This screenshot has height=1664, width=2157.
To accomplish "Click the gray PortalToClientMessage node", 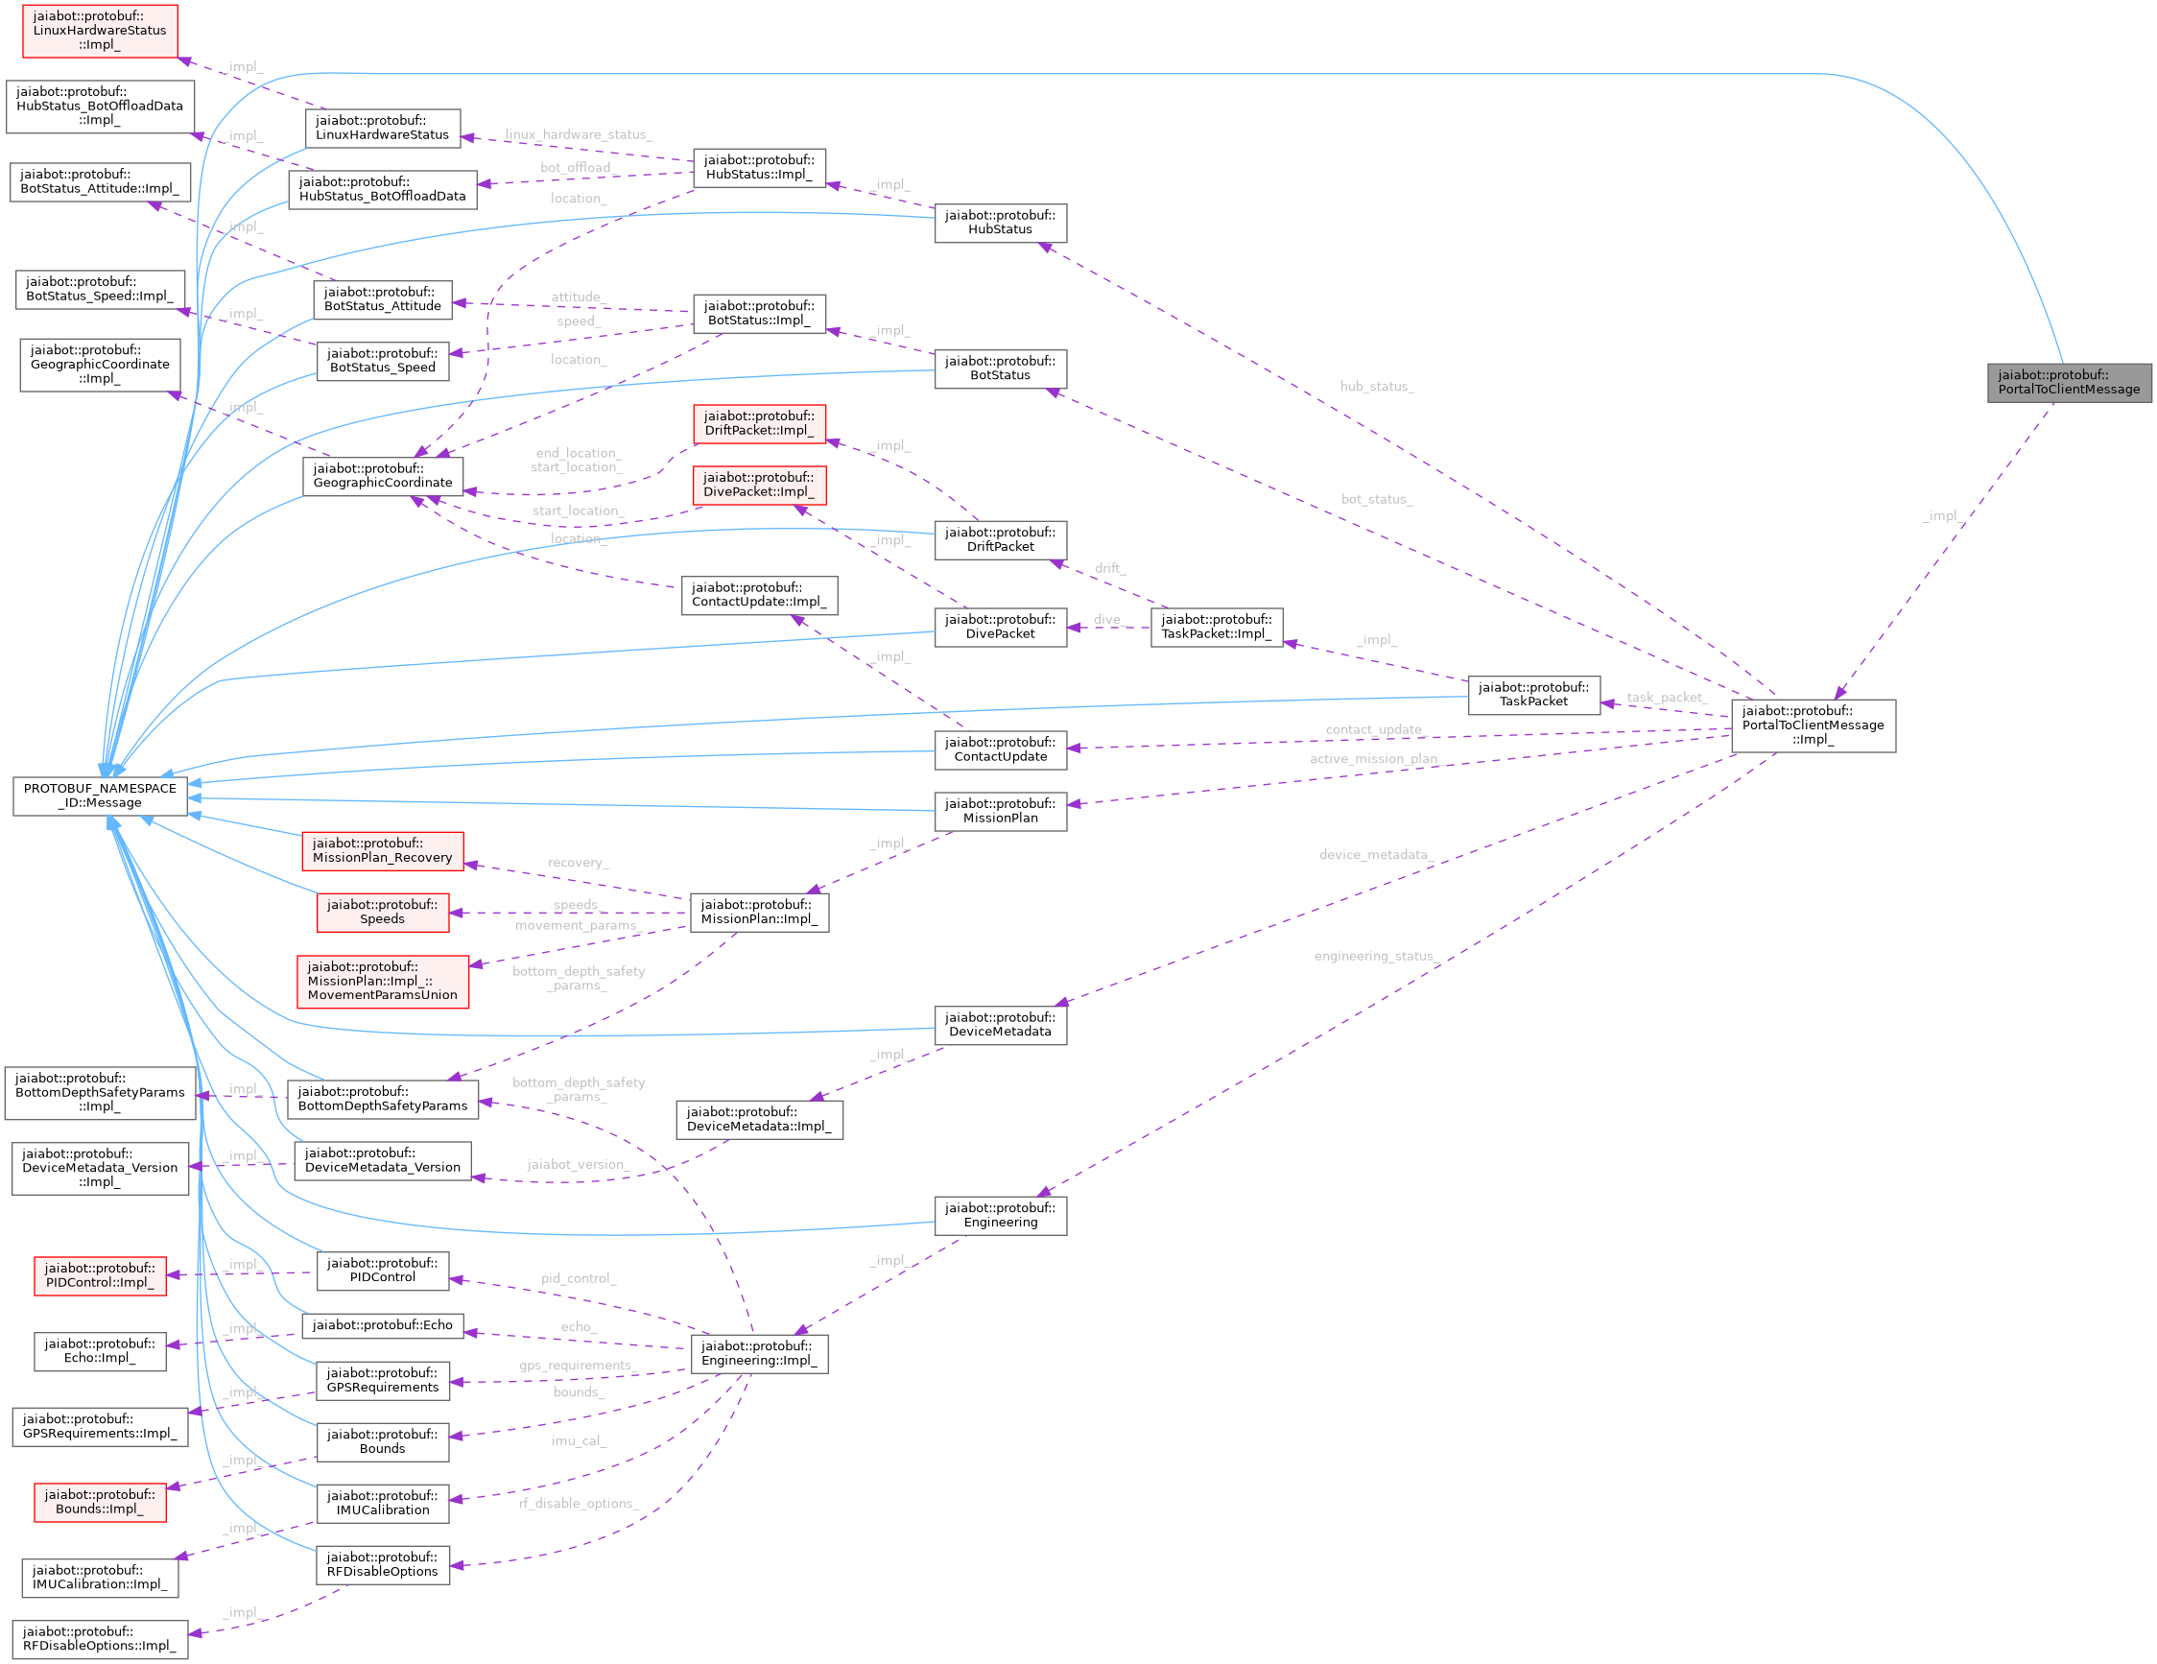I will pos(2068,382).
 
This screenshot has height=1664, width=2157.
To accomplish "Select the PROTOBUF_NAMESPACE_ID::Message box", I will pos(100,796).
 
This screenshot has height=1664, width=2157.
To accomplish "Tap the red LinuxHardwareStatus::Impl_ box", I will pos(100,31).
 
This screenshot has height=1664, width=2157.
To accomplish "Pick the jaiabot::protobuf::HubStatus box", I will pos(1000,223).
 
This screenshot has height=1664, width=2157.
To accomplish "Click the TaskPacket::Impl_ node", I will pos(1216,627).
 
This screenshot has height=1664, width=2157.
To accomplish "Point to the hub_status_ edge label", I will pos(1376,386).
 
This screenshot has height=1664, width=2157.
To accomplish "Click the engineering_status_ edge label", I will pos(1375,956).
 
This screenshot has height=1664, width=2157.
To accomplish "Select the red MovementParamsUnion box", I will pos(382,981).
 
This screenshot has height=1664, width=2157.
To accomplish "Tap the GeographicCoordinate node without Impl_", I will pos(382,476).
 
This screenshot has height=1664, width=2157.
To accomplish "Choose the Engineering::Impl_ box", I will pos(757,1353).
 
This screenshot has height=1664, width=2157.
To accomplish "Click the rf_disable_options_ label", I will pos(578,1503).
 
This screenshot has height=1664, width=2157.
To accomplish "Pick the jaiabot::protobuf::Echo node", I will pos(382,1325).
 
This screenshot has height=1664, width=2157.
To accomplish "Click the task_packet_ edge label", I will pos(1666,698).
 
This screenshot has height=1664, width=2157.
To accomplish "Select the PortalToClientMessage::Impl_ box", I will pos(1813,725).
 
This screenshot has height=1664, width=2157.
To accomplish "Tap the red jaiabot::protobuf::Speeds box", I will pos(382,912).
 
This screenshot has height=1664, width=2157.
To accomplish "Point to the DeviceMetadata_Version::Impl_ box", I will pos(100,1167).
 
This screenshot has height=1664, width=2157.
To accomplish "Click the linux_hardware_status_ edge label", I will pos(578,134).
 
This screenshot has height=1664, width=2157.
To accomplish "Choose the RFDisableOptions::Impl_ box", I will pos(100,1638).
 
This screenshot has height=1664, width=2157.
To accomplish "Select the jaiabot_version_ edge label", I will pos(577,1164).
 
